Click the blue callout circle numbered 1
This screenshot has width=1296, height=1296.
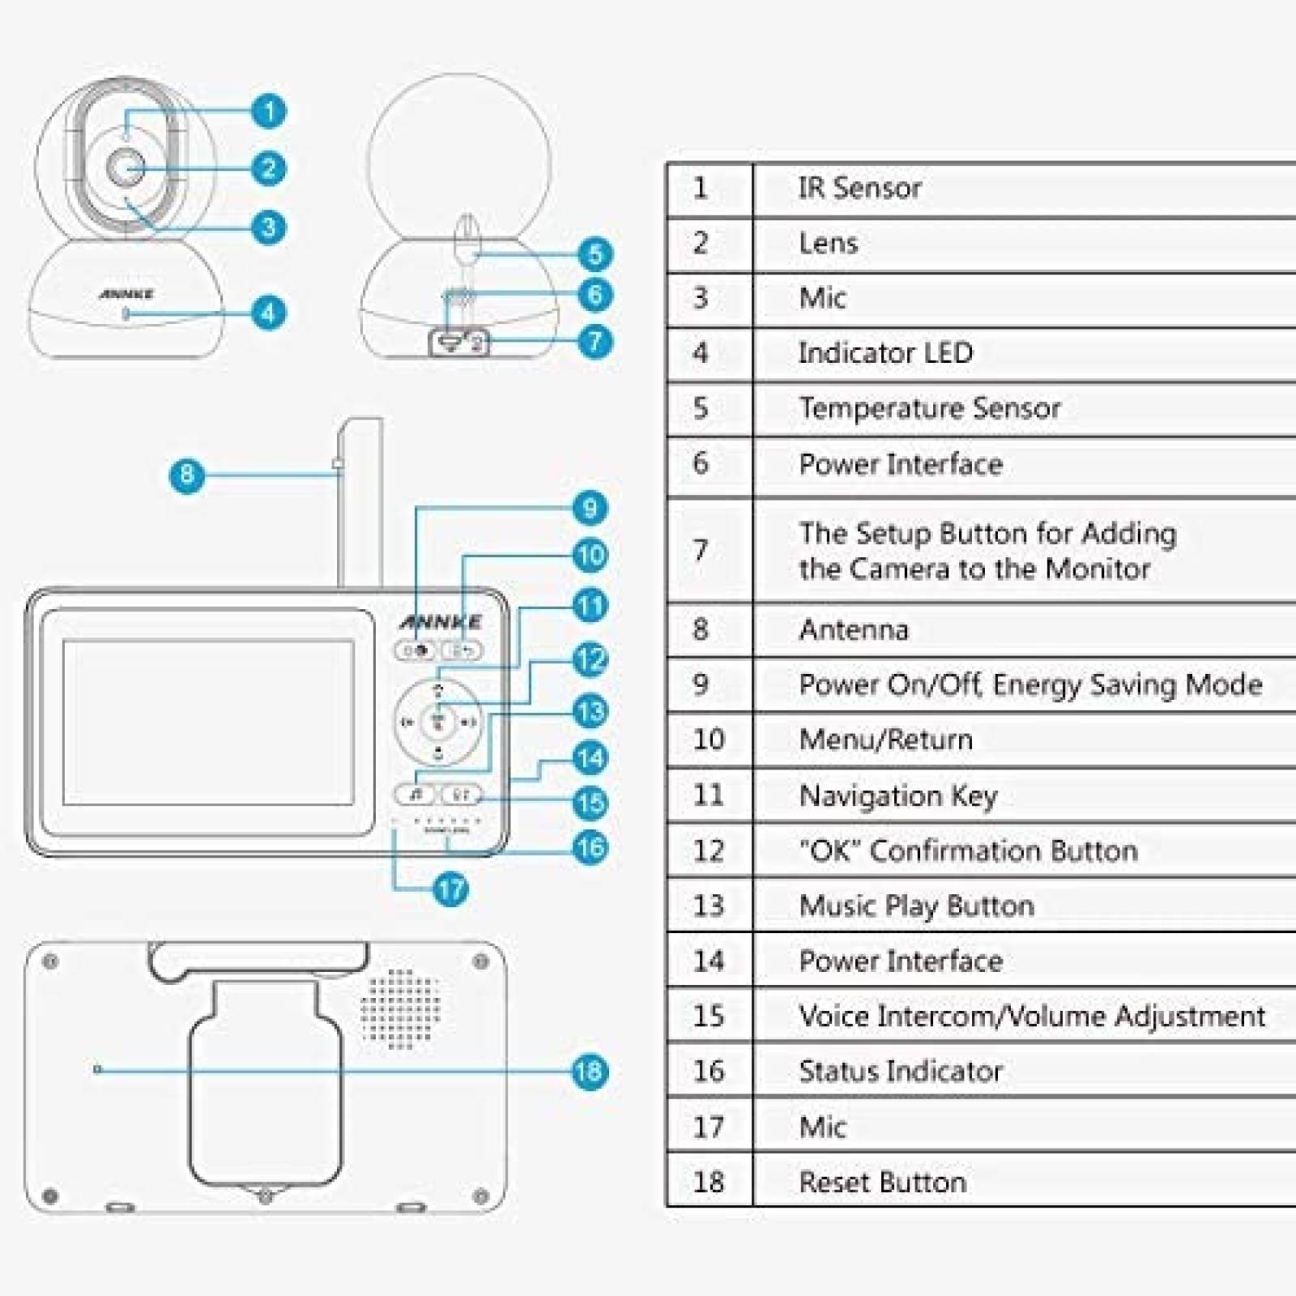coord(268,111)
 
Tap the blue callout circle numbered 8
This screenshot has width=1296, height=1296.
coord(186,475)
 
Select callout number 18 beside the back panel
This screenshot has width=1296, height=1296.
coord(589,1072)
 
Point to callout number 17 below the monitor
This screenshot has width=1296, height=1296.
coord(451,889)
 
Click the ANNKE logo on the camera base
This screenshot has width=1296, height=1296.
coord(126,294)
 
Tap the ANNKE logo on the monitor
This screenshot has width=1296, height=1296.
coord(441,622)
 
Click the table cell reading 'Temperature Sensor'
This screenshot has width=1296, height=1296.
coord(929,408)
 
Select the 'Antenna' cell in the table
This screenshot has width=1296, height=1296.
coord(854,629)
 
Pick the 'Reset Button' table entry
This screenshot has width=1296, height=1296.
coord(882,1182)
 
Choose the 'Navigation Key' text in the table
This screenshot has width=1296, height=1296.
coord(897,795)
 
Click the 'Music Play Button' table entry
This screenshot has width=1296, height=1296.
coord(916,906)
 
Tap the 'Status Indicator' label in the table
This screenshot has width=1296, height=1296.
coord(900,1072)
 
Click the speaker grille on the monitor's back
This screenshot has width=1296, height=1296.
coord(400,1008)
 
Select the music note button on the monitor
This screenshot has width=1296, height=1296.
coord(416,795)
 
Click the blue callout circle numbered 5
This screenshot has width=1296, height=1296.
coord(595,254)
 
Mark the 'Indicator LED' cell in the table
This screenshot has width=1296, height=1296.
coord(885,353)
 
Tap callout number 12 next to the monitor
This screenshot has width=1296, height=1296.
coord(590,659)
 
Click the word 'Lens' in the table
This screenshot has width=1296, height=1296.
coord(828,243)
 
